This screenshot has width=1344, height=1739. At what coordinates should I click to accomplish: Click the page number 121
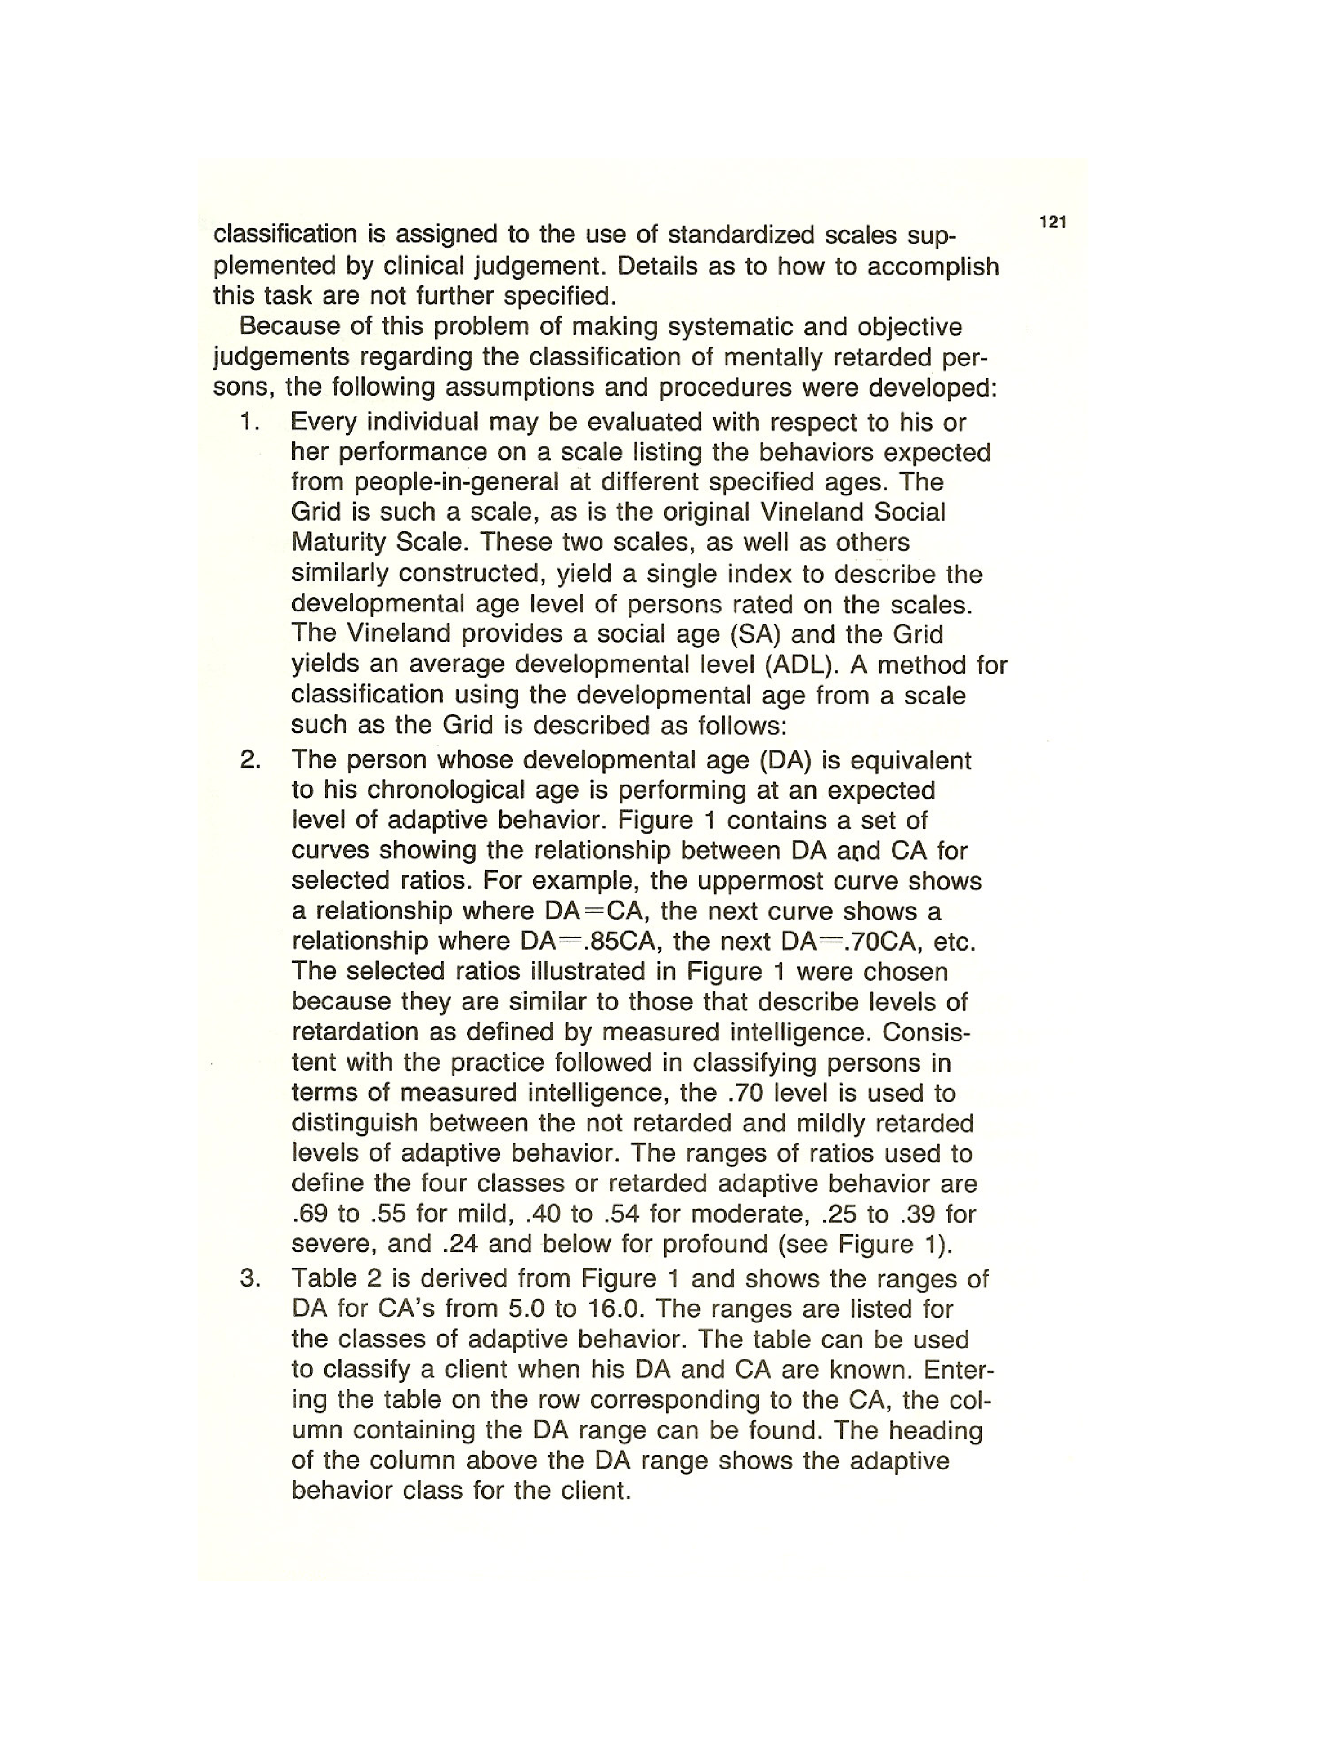click(1053, 223)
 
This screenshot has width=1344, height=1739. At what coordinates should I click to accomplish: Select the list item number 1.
click(250, 422)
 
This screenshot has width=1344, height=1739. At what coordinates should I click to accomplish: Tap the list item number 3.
click(250, 1279)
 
